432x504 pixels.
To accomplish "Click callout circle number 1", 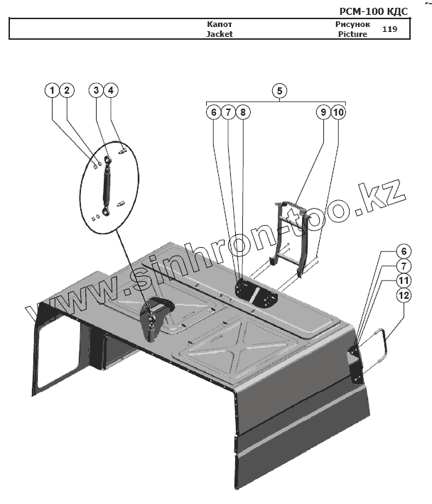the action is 52,90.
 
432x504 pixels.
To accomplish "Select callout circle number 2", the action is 67,90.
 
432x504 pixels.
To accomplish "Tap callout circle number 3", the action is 96,90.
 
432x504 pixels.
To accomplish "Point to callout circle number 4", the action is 112,90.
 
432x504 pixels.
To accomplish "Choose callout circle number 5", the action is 280,90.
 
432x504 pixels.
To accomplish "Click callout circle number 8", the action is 243,112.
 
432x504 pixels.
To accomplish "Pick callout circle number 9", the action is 323,112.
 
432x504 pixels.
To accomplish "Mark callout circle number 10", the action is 339,112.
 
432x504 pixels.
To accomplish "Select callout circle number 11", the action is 403,282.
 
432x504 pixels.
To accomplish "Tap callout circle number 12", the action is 403,297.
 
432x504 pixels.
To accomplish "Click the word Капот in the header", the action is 220,24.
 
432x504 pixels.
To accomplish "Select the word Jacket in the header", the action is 220,33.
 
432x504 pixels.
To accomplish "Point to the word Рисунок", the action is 352,24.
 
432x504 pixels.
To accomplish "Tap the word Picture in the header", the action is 352,33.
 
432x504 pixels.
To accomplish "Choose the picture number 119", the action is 389,29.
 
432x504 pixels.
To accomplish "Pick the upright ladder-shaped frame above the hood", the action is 292,231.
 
